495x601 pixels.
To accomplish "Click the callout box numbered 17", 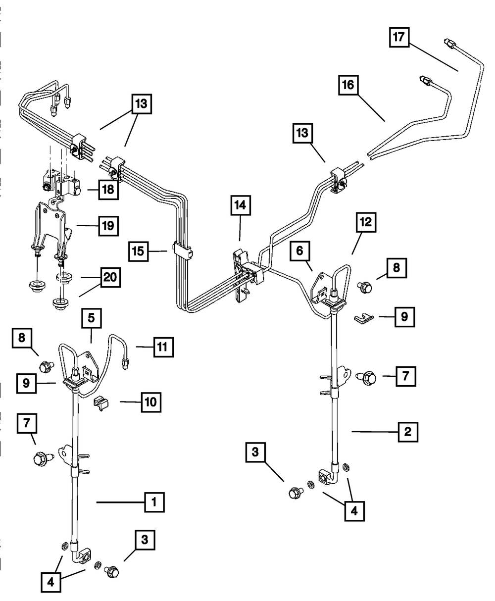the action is (399, 37).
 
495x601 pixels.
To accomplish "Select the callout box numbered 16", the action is (348, 85).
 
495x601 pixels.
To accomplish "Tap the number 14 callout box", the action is (241, 205).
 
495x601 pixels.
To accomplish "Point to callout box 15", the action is (139, 251).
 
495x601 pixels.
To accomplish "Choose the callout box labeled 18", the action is (108, 190).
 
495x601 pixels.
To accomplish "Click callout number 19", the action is (108, 226).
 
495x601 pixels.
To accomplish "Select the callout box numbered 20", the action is (110, 277).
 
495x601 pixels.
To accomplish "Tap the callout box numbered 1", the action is (154, 502).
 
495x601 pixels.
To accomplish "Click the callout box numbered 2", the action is (408, 432).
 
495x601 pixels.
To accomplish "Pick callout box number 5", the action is (92, 318).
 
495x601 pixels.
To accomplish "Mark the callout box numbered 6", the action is (300, 251).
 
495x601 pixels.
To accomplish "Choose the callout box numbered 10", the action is (151, 402).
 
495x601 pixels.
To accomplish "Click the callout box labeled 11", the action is (163, 347).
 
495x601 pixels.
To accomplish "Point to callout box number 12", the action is (366, 222).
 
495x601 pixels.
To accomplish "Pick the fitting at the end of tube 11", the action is (125, 363).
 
